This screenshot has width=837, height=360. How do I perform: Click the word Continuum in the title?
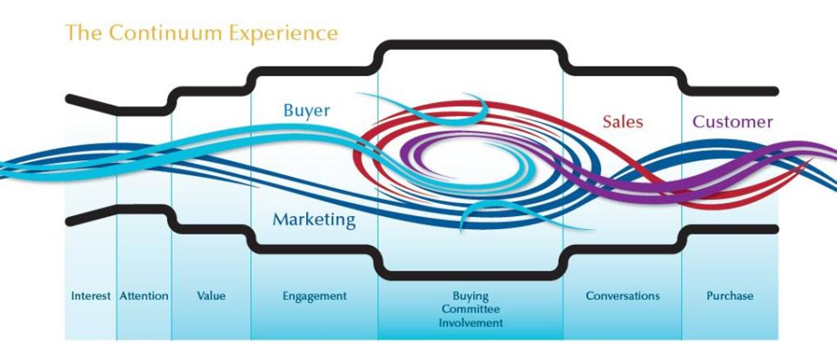[167, 33]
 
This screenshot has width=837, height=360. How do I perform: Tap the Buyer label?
[306, 111]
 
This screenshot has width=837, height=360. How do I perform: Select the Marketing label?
[314, 220]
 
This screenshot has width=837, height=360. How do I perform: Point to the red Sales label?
[622, 122]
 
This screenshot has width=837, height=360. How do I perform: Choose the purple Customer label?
[733, 122]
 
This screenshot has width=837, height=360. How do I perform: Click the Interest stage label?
[91, 296]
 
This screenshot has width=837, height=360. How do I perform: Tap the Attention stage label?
[144, 296]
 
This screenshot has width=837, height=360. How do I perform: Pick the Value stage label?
[211, 296]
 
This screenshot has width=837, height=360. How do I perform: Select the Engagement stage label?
[314, 296]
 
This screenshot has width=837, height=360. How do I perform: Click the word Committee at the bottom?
[470, 309]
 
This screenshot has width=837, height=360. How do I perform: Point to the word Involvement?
[470, 323]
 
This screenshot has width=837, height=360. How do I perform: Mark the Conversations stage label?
[622, 296]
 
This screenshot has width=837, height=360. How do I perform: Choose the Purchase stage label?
[730, 296]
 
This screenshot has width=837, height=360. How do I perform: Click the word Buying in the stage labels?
[470, 296]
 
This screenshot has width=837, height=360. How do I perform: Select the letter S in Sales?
[607, 122]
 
